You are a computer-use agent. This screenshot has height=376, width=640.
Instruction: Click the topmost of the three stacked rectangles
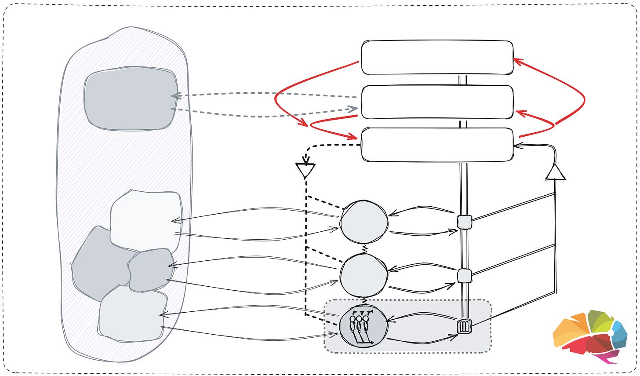coord(437,57)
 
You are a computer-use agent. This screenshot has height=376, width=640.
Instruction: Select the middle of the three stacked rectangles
coord(437,102)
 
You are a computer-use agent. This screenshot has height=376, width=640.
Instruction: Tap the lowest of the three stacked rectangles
coord(437,144)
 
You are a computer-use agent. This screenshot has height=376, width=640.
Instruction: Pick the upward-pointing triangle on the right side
coord(556,172)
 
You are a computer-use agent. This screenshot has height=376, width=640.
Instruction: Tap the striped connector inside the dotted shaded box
coord(464,327)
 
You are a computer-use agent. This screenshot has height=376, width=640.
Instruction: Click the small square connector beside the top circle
coord(464,222)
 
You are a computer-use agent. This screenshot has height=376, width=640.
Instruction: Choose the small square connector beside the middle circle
coord(464,276)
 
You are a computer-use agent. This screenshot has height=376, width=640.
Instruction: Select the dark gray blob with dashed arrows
coord(131,99)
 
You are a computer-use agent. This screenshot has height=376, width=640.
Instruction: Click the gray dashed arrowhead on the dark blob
coord(174,95)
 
